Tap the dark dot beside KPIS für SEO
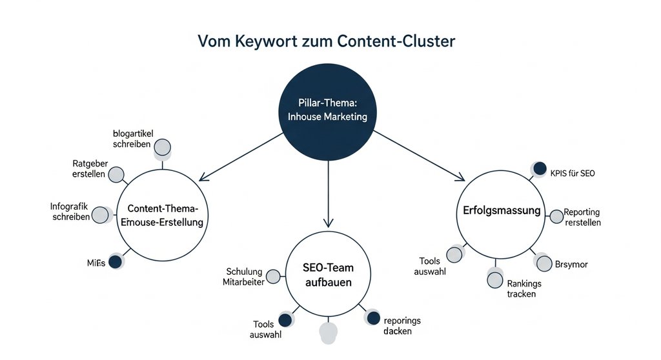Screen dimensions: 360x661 point(539,169)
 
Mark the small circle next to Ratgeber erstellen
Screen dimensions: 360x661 point(116,174)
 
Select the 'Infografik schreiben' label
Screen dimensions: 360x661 point(70,212)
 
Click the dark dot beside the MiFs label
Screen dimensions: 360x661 point(115,261)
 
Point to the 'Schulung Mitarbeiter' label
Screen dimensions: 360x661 point(244,276)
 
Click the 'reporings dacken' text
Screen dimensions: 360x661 point(402,326)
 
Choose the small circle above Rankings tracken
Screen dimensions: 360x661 point(494,279)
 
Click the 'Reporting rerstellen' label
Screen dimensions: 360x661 point(582,217)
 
